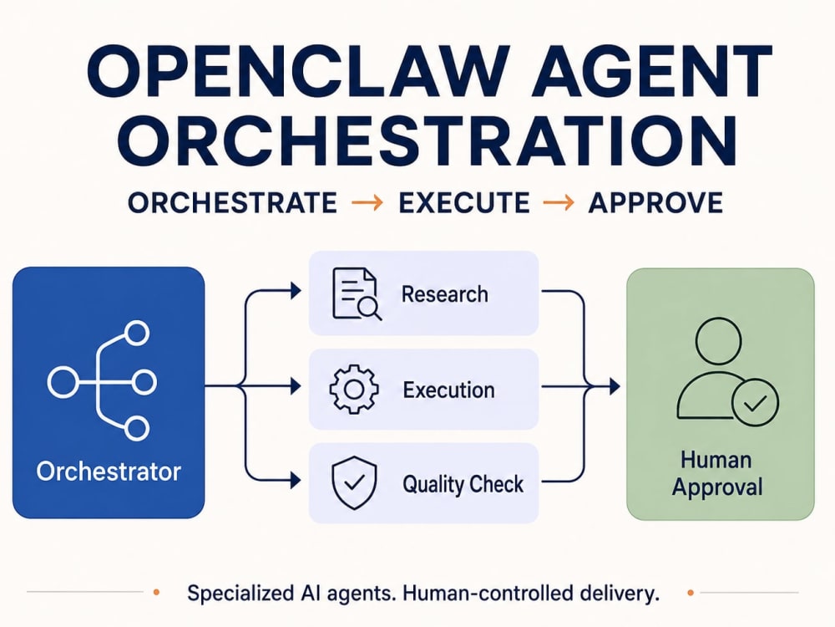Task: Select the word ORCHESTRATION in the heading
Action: click(x=427, y=140)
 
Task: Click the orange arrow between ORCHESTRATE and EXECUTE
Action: click(x=367, y=202)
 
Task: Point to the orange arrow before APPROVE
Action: click(x=559, y=202)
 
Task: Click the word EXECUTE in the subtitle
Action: click(x=463, y=203)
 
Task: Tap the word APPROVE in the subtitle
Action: click(x=655, y=203)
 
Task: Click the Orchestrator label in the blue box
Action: click(x=109, y=472)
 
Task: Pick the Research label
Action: click(x=445, y=294)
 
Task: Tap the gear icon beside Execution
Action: click(x=354, y=390)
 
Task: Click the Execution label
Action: click(x=449, y=390)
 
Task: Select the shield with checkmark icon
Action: click(x=354, y=483)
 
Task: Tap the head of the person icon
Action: click(x=719, y=341)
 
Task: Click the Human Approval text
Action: click(x=716, y=473)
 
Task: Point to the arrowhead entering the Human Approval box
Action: click(x=615, y=386)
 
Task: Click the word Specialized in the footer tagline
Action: click(x=240, y=594)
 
